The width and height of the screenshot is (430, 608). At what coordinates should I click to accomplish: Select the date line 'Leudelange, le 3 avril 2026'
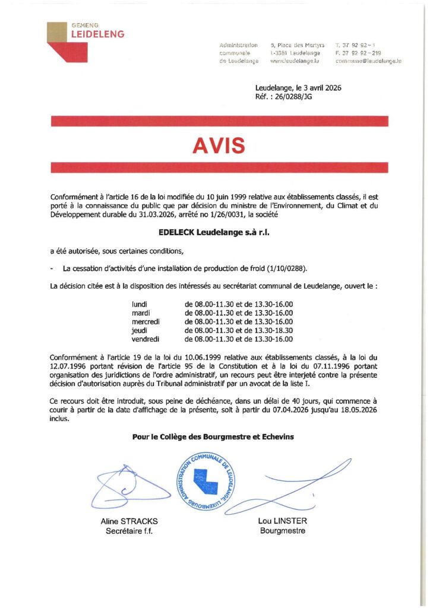pos(298,88)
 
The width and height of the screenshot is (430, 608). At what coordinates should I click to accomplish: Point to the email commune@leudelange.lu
pos(368,61)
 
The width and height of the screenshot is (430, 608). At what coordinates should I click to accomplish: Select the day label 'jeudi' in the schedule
pos(140,330)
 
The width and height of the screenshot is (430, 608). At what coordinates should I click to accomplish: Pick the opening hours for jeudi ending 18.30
pos(239,330)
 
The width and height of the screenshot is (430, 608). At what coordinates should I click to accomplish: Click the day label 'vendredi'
pos(146,339)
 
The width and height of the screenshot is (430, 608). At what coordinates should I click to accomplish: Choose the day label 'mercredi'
pos(146,321)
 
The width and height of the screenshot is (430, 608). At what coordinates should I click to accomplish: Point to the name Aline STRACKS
pos(129,521)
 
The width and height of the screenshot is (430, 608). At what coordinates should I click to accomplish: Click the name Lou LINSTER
pos(283,521)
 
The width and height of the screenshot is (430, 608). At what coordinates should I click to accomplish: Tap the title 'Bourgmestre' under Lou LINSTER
pos(283,530)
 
